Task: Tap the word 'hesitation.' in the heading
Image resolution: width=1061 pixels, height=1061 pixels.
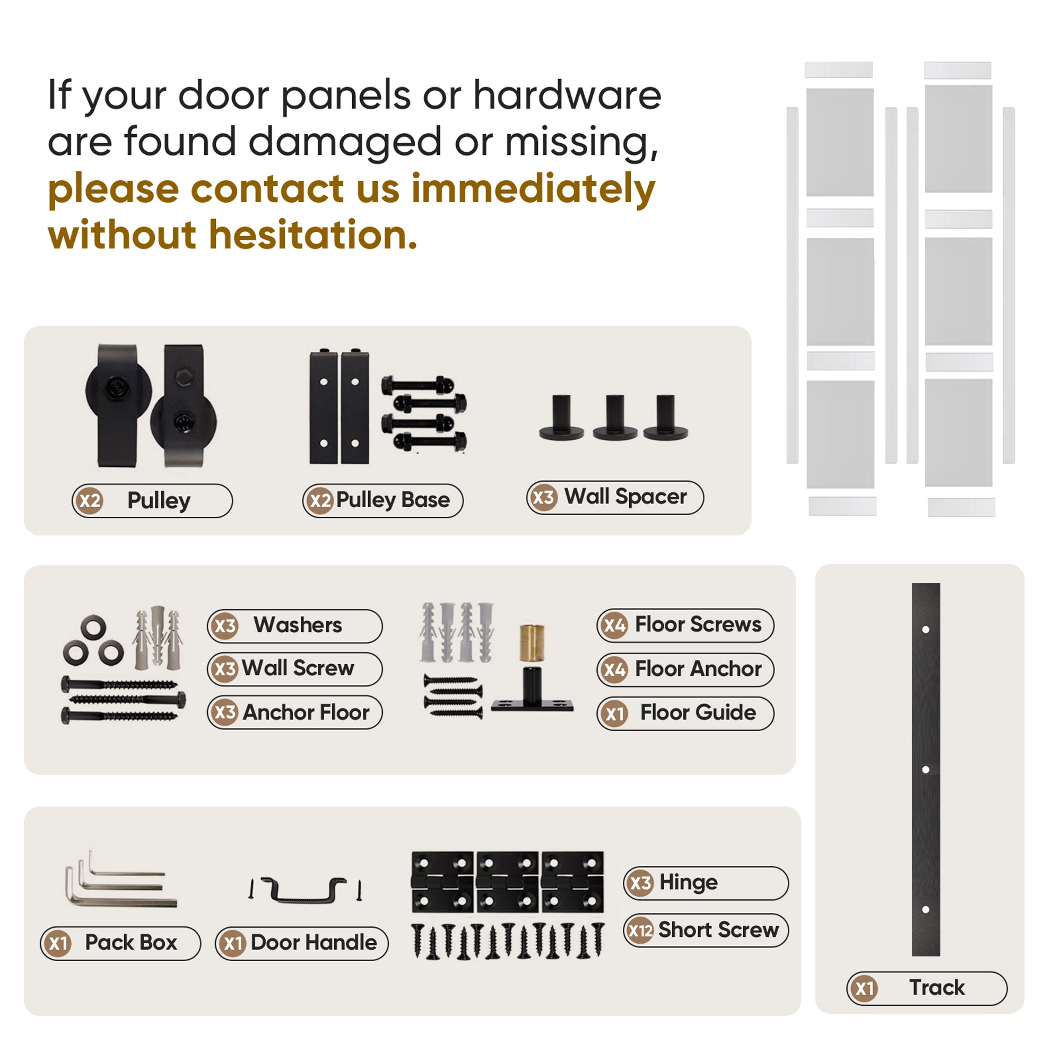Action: coord(313,236)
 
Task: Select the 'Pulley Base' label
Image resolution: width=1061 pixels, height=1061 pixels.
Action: coord(393,500)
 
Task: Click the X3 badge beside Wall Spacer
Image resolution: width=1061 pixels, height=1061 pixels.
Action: coord(543,498)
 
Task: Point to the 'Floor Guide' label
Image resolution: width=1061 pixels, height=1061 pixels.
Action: coord(698,713)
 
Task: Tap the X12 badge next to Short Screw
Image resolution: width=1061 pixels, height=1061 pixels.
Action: coord(640,930)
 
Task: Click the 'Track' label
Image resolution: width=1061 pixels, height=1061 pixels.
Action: coord(936,987)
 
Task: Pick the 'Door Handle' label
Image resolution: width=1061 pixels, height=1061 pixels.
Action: coord(314,943)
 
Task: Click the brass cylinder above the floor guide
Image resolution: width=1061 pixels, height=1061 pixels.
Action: coord(532,642)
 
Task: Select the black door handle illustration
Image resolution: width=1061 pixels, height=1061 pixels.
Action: coord(306,891)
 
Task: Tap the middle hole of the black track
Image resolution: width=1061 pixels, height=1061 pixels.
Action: coord(925,770)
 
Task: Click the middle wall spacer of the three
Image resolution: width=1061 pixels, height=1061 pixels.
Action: coord(614,418)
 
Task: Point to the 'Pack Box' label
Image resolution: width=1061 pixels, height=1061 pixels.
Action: coord(131,943)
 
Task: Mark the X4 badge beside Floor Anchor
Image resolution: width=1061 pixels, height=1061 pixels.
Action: coord(614,669)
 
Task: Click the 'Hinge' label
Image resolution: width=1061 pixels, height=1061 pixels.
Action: coord(688,883)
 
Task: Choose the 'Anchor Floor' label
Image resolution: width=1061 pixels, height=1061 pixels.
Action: coord(306,713)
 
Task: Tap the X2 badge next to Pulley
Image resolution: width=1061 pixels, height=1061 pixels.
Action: coord(90,500)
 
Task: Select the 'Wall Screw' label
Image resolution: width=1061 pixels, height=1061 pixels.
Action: coord(298,668)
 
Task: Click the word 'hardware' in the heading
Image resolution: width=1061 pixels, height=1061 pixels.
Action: coord(567,95)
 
